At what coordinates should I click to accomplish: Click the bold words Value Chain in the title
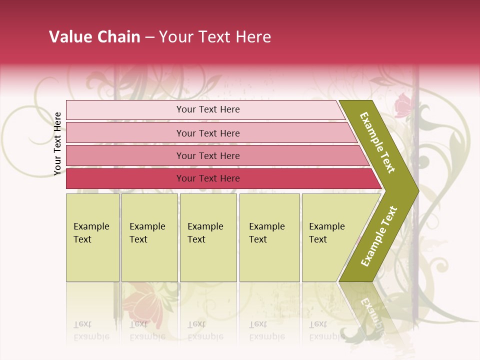[94, 37]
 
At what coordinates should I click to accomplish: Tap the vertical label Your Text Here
[57, 143]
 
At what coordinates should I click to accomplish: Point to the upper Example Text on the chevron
[377, 142]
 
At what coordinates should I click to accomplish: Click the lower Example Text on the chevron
[379, 236]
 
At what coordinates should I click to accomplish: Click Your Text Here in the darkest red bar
[208, 178]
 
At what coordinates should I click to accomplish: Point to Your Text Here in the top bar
[208, 109]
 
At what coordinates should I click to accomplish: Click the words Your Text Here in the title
[215, 37]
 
